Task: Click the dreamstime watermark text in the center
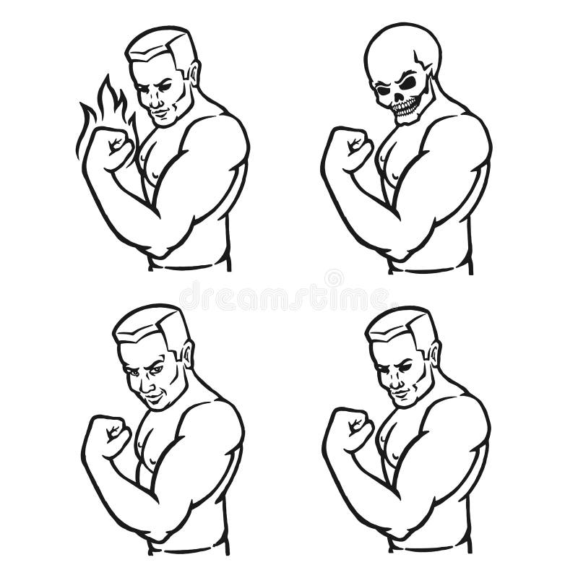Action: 289,296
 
